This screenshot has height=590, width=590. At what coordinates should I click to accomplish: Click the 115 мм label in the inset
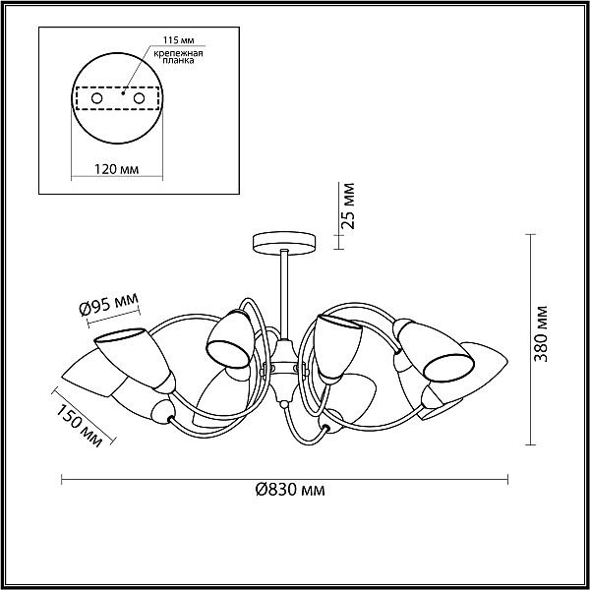[178, 40]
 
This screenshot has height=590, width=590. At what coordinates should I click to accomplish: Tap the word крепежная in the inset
[178, 53]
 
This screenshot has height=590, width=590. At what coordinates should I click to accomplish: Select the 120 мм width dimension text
[116, 169]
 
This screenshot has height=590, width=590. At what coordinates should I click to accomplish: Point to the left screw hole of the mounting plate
[97, 98]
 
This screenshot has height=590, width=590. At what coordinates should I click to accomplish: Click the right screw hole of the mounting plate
[139, 98]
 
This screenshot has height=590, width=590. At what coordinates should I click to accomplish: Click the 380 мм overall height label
[541, 333]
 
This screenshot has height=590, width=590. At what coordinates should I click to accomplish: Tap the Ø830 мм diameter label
[289, 490]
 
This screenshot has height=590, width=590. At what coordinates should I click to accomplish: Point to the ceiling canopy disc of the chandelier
[284, 244]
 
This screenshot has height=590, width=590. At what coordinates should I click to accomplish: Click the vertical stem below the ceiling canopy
[284, 293]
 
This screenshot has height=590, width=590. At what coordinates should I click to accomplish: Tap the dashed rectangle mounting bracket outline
[117, 98]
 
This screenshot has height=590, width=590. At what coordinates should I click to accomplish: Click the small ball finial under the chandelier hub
[284, 405]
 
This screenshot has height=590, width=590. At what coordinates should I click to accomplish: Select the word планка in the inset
[178, 60]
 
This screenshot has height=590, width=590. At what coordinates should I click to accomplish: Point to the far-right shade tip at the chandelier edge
[507, 361]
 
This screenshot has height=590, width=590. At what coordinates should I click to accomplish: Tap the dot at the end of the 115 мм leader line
[123, 92]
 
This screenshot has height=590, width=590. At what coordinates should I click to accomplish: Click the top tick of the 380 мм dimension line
[530, 235]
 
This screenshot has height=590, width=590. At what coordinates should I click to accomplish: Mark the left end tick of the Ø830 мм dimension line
[62, 480]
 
